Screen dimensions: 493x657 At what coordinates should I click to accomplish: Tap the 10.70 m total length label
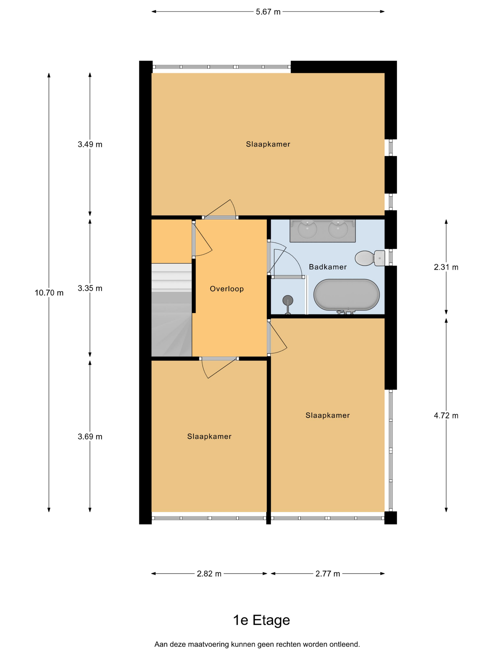(x=49, y=293)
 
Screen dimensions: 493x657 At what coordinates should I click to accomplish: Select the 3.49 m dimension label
(x=90, y=144)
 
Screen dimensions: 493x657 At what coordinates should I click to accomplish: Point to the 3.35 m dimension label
(x=90, y=288)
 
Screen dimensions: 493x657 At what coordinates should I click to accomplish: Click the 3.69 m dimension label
(x=90, y=437)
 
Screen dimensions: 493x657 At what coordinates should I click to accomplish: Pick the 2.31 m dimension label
(x=446, y=267)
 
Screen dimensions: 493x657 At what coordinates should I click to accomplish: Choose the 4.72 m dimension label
(x=446, y=416)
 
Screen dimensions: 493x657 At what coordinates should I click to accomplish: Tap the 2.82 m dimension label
(x=209, y=573)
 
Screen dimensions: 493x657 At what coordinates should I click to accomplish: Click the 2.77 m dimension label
(x=328, y=573)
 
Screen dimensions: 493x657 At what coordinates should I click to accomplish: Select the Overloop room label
(x=227, y=289)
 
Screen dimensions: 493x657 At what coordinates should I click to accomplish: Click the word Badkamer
(x=328, y=267)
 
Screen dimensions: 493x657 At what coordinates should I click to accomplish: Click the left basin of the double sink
(x=308, y=229)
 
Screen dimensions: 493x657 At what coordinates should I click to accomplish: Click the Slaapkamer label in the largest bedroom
(x=268, y=144)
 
